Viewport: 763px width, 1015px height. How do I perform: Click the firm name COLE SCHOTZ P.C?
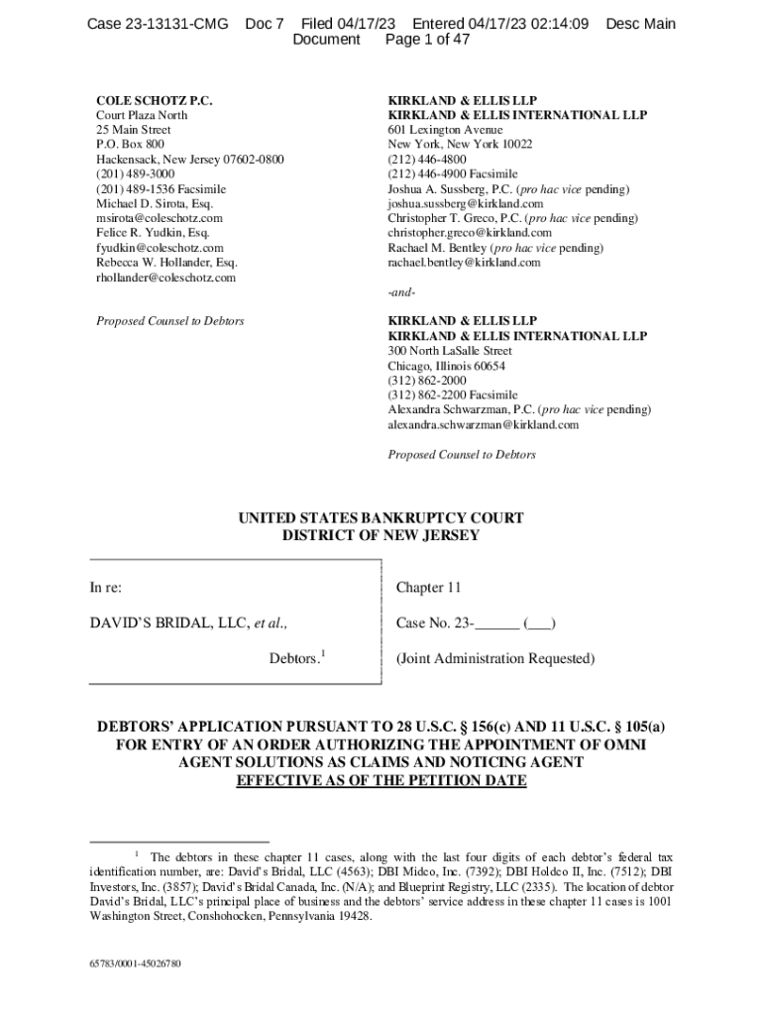(155, 101)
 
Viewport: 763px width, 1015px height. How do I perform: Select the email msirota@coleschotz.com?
(159, 218)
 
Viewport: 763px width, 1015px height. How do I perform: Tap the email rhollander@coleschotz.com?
(165, 278)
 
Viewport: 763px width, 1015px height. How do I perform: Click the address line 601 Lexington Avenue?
(445, 130)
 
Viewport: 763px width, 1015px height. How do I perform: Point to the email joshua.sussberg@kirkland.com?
(465, 203)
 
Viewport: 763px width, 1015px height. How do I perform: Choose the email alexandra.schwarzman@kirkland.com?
(483, 425)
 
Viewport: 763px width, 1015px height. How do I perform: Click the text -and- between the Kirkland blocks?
(401, 293)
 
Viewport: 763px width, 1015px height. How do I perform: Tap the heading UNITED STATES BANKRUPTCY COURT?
(381, 518)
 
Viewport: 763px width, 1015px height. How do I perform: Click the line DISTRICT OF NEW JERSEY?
(381, 536)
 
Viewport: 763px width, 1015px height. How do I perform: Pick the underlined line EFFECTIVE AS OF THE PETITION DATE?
(381, 780)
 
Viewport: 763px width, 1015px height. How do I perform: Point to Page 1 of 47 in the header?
(427, 40)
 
